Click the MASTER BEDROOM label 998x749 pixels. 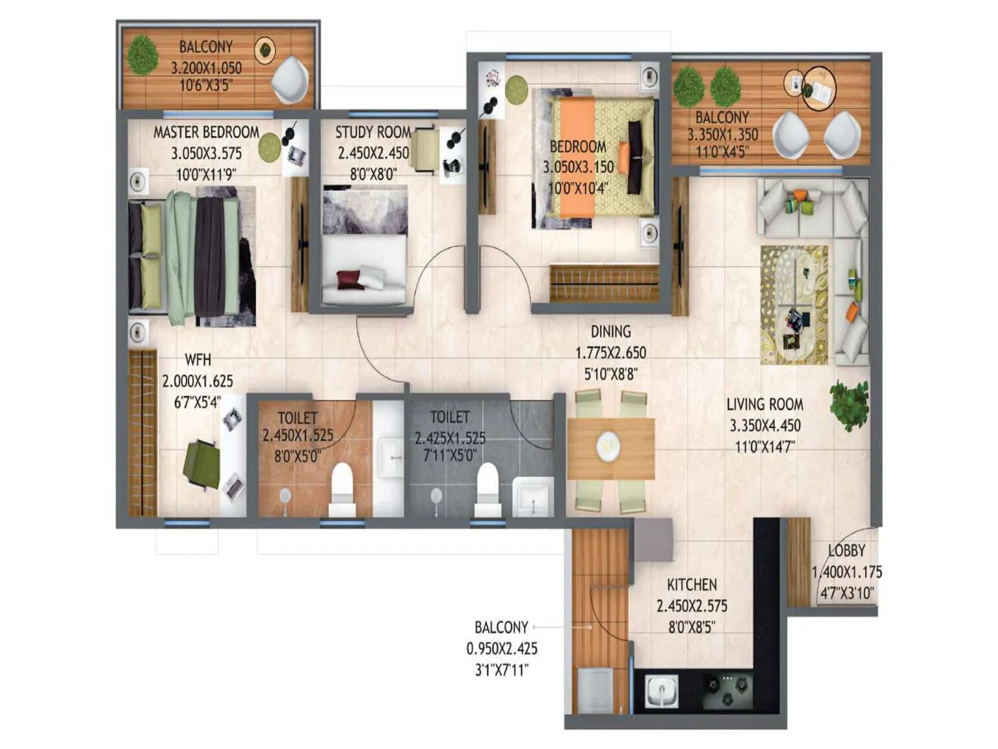coord(206,132)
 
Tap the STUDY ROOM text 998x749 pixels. coord(373,132)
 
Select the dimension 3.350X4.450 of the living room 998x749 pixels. coord(765,426)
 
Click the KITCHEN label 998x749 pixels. coord(692,585)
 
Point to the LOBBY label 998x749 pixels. coord(846,551)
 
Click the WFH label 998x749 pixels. coord(198,360)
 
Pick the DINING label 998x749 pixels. coord(611,332)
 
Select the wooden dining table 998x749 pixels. coord(610,448)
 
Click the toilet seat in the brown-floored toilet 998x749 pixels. coord(342,484)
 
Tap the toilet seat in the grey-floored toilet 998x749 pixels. coord(487,484)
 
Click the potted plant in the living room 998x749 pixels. coord(849,404)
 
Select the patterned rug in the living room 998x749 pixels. coord(794,305)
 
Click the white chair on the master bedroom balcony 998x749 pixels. coord(290,79)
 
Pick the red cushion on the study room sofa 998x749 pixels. coord(350,279)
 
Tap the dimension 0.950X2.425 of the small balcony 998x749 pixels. coord(501,649)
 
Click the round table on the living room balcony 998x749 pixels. coord(818,87)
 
